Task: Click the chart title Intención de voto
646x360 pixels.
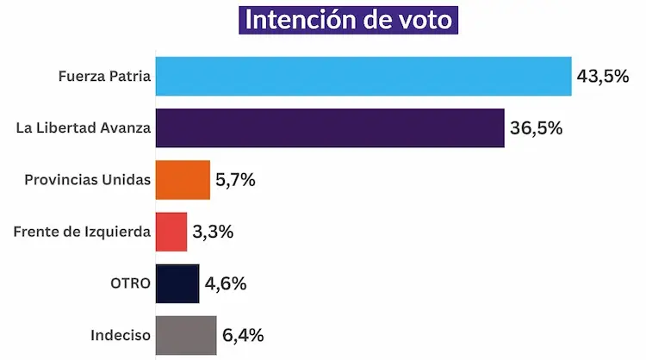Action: pyautogui.click(x=348, y=20)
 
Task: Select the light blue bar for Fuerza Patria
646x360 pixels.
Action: pyautogui.click(x=363, y=76)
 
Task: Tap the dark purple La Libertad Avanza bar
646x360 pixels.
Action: pyautogui.click(x=329, y=128)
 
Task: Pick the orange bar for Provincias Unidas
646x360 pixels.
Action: pyautogui.click(x=183, y=180)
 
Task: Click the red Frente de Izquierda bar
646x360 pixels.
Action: pyautogui.click(x=171, y=232)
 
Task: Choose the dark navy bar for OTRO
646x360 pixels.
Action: pyautogui.click(x=177, y=283)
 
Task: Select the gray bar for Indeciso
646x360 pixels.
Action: pyautogui.click(x=186, y=335)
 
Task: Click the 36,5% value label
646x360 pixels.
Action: pyautogui.click(x=535, y=128)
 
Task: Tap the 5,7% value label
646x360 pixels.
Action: pyautogui.click(x=236, y=180)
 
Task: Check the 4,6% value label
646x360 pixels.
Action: pyautogui.click(x=225, y=283)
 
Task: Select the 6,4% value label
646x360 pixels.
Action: pyautogui.click(x=242, y=335)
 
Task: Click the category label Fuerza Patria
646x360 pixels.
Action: pyautogui.click(x=105, y=77)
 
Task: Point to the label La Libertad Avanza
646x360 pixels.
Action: pyautogui.click(x=84, y=128)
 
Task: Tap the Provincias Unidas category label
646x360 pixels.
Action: pyautogui.click(x=88, y=180)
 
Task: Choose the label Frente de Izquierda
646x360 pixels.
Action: pyautogui.click(x=84, y=232)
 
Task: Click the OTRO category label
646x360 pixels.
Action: pyautogui.click(x=131, y=283)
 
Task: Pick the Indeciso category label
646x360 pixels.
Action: pyautogui.click(x=121, y=335)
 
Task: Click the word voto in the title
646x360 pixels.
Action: pyautogui.click(x=419, y=20)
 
